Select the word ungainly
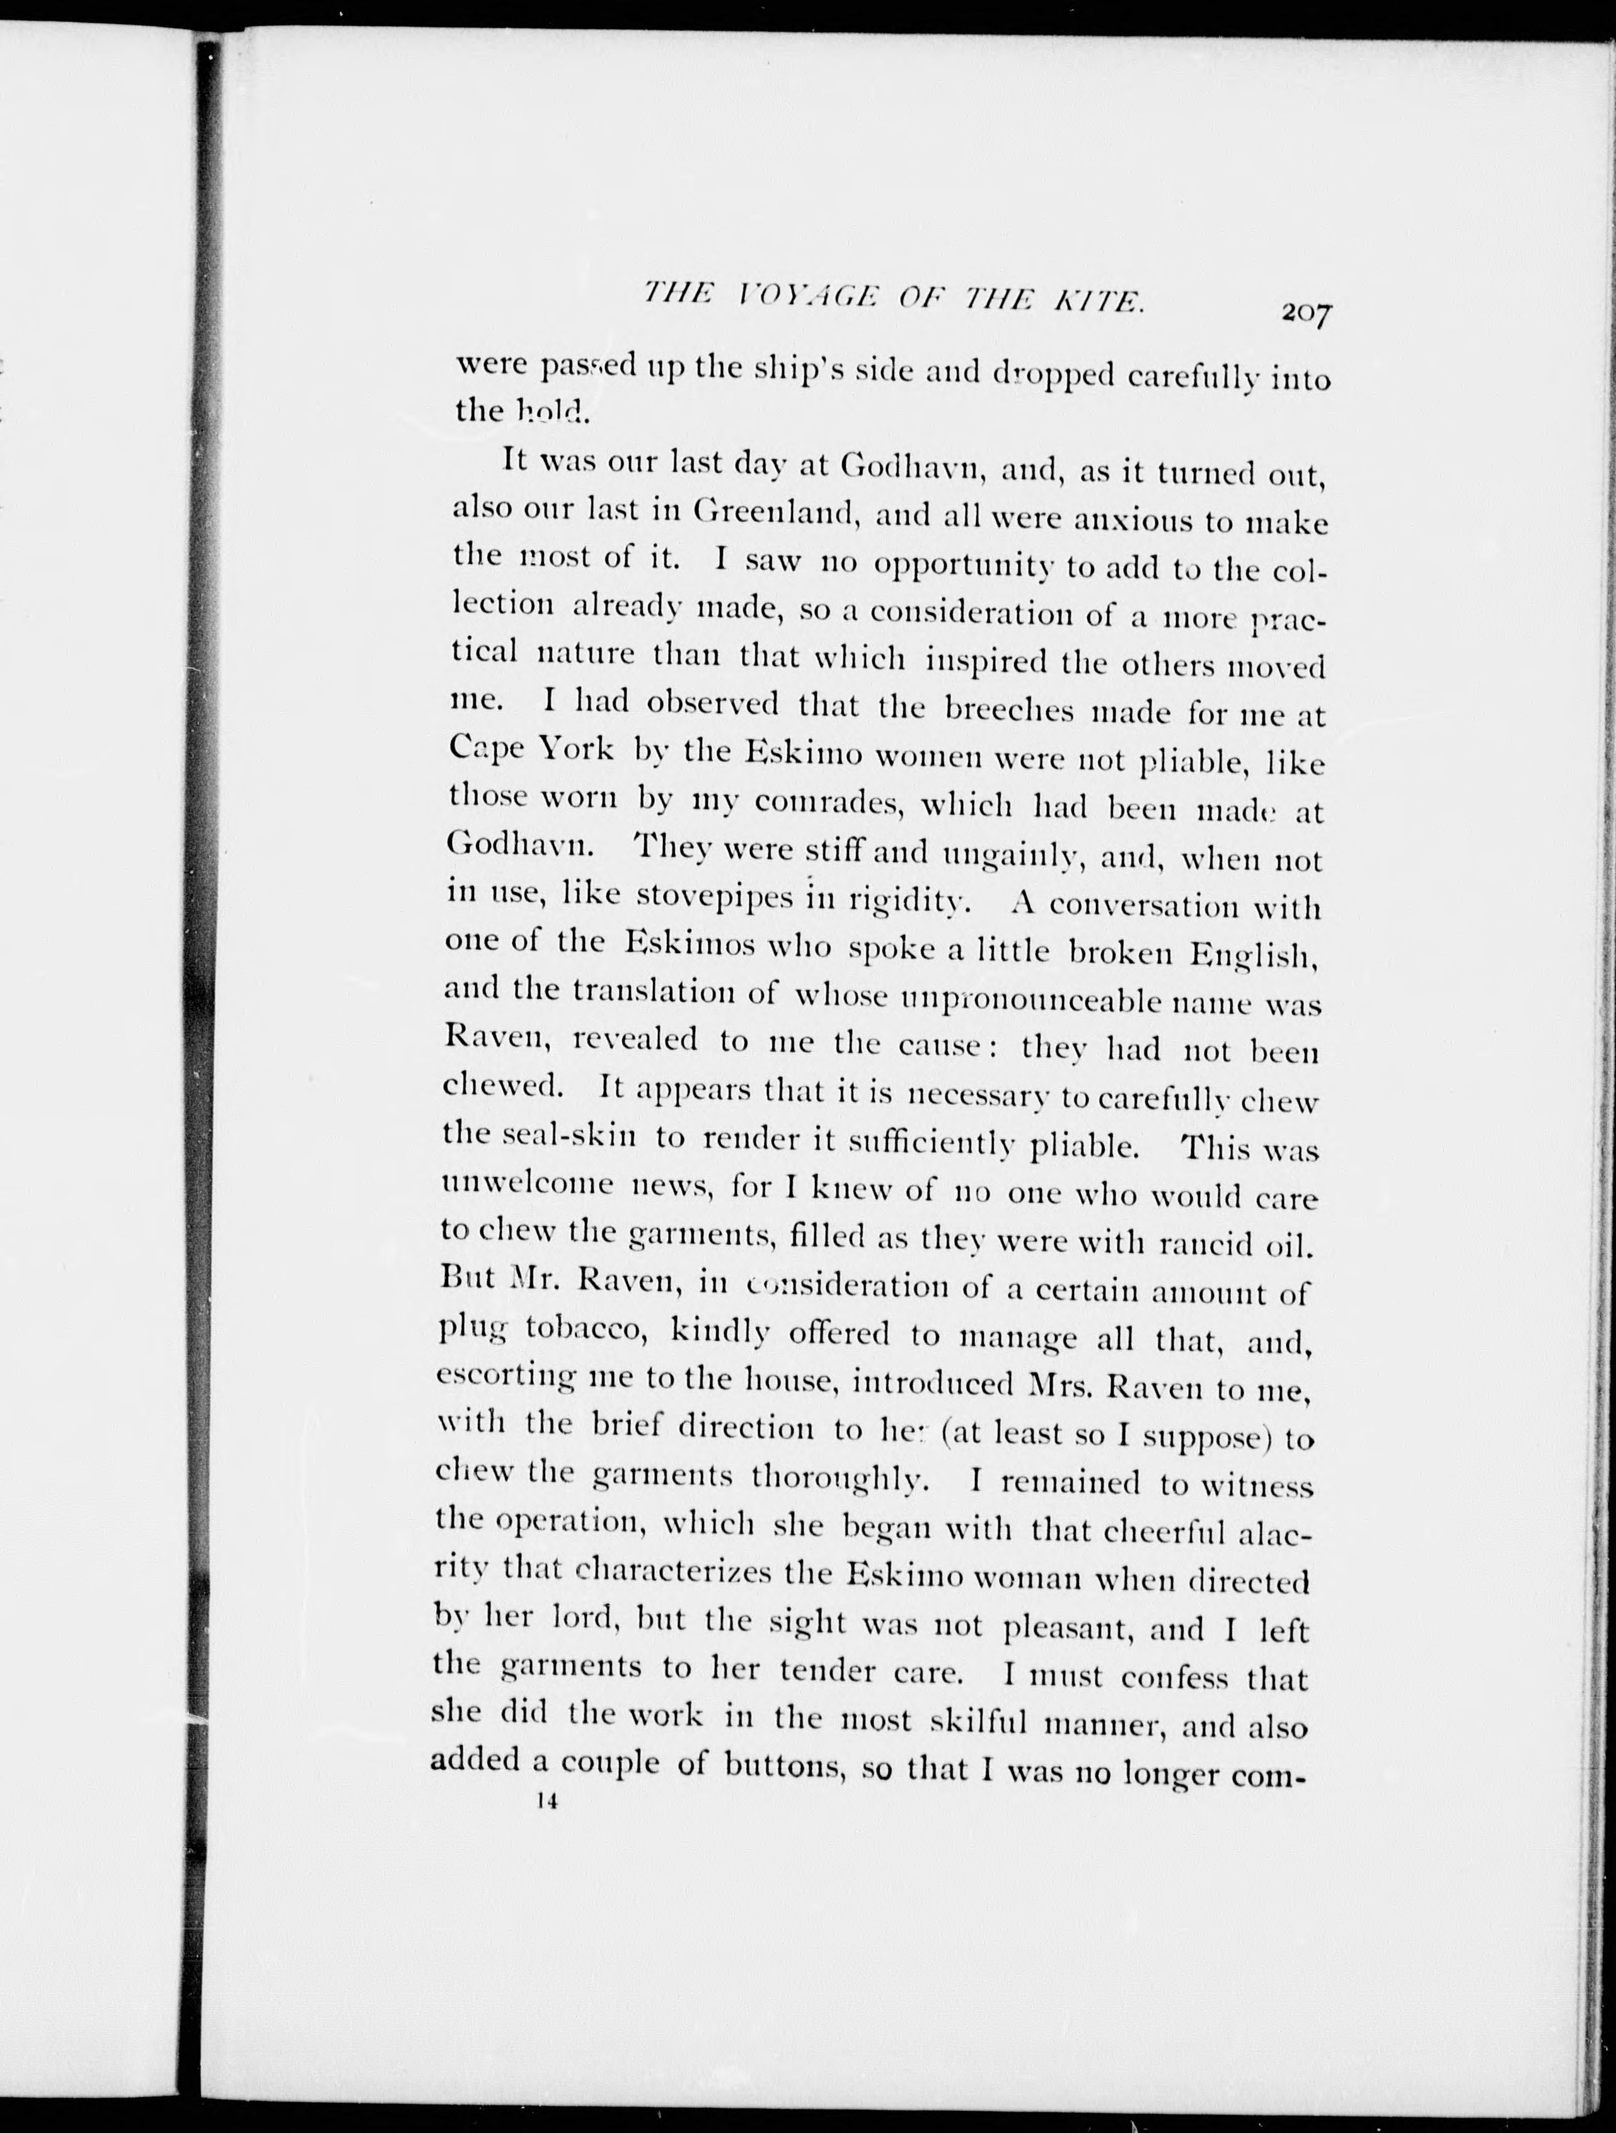(x=1021, y=853)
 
